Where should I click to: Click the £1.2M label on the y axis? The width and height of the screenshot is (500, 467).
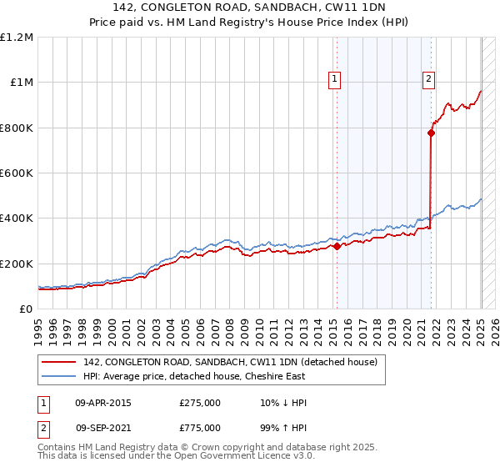(x=17, y=38)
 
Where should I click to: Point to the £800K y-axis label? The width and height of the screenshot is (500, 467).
(x=17, y=128)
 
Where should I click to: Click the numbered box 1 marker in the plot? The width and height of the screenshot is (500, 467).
(x=334, y=79)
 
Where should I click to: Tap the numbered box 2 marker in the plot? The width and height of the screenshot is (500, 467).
(x=428, y=79)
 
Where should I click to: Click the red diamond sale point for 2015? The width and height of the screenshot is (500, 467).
(x=337, y=247)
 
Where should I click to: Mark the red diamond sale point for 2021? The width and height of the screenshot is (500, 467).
(x=431, y=133)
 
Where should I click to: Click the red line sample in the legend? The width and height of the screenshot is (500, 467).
(x=58, y=362)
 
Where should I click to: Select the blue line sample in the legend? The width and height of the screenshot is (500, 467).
(x=58, y=376)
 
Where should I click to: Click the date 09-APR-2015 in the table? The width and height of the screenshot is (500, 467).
(x=103, y=402)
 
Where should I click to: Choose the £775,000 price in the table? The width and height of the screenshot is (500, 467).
(x=200, y=428)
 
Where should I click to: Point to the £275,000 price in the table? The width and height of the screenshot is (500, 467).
(x=200, y=402)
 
